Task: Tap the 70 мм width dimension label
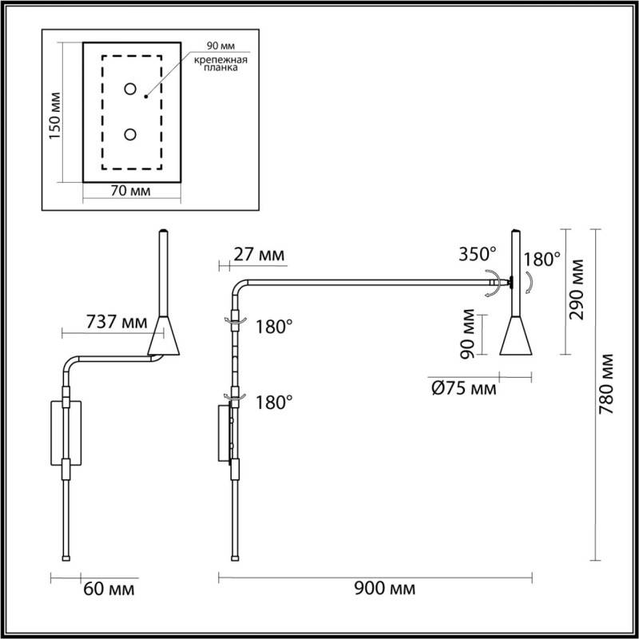pos(132,192)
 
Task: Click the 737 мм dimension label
pos(116,323)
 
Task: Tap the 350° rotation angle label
pos(478,255)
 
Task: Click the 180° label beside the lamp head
pos(543,260)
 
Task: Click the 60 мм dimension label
pos(108,589)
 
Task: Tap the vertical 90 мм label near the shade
pos(470,334)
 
